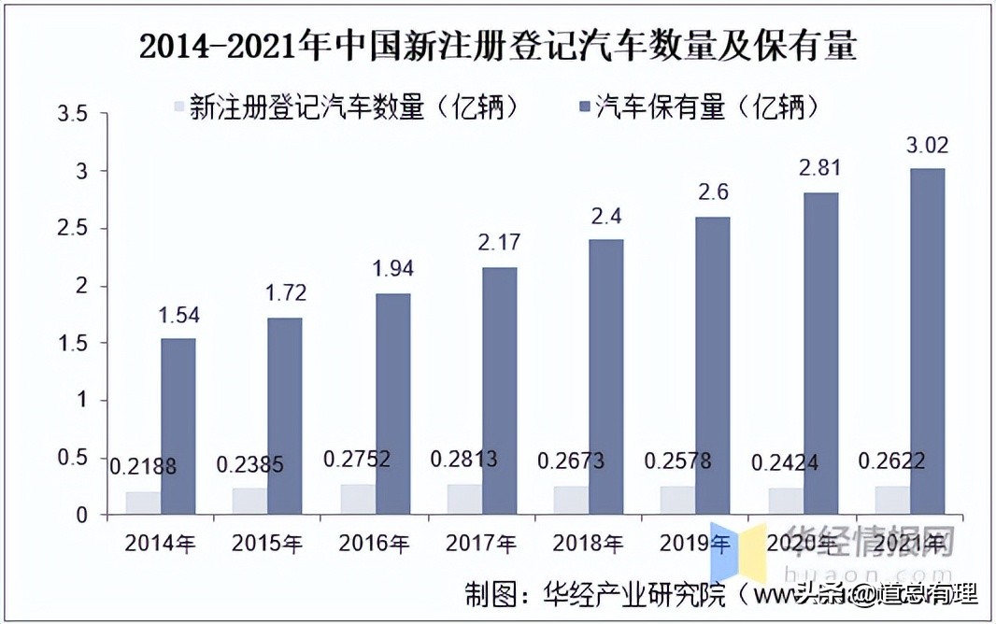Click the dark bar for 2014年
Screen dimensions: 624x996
(x=178, y=426)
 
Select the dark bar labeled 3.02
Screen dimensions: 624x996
(x=901, y=342)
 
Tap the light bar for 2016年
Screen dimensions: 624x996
(x=356, y=499)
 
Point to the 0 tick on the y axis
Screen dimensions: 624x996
(x=81, y=516)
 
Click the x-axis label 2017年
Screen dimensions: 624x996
(x=481, y=543)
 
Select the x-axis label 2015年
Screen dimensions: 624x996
(x=267, y=543)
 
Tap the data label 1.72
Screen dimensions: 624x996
(x=286, y=294)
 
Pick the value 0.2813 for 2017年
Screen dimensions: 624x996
(x=465, y=460)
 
